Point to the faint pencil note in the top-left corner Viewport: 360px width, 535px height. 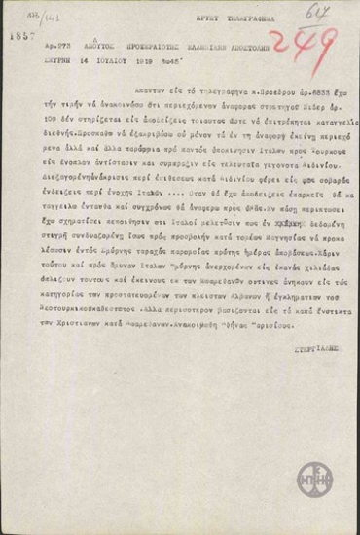(x=17, y=9)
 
